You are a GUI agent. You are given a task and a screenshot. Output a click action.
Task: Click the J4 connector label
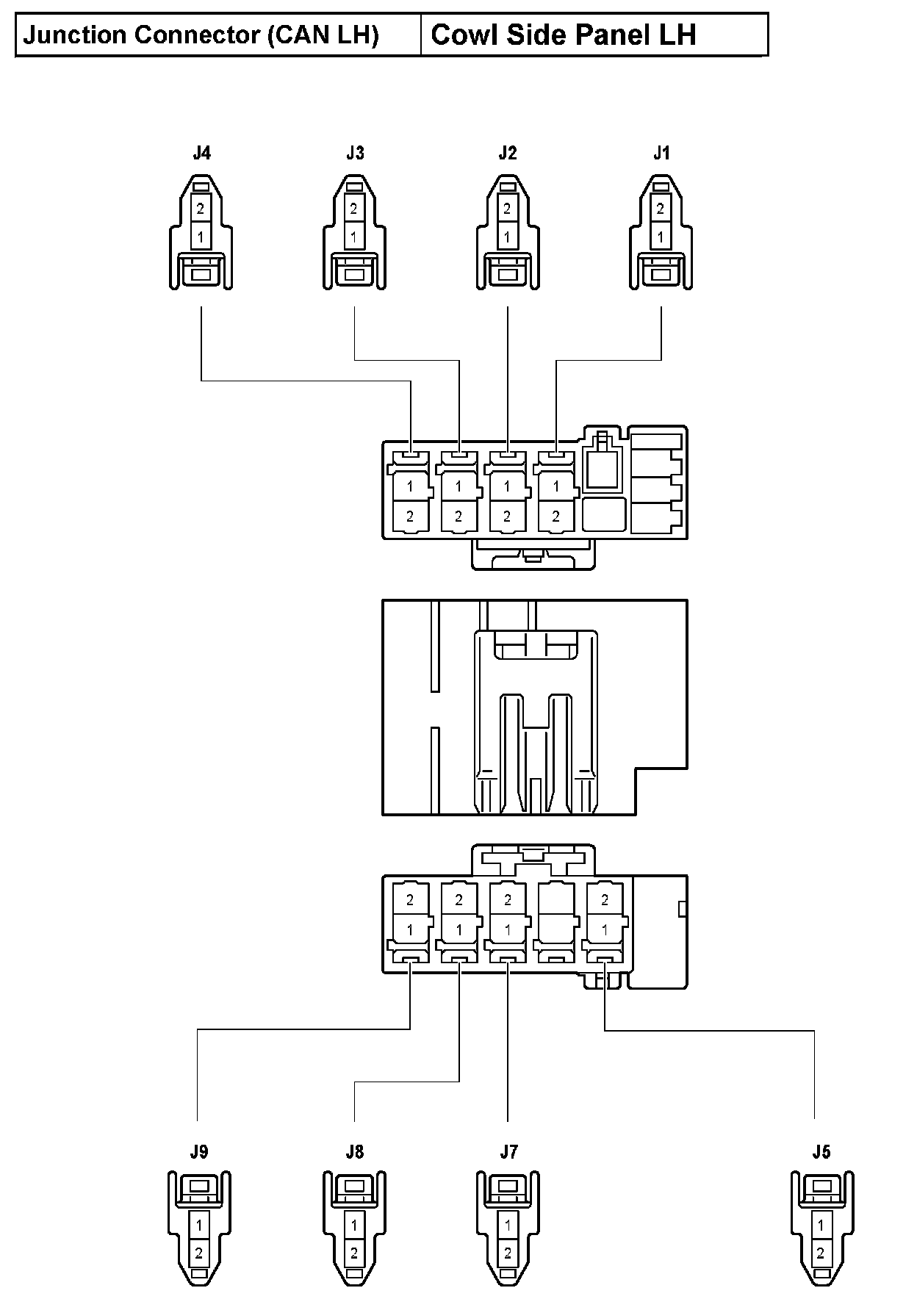pyautogui.click(x=201, y=153)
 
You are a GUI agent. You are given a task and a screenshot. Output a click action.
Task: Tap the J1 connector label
pyautogui.click(x=661, y=153)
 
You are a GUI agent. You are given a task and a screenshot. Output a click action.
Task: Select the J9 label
pyautogui.click(x=198, y=1151)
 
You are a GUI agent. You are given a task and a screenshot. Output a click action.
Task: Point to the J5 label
pyautogui.click(x=821, y=1151)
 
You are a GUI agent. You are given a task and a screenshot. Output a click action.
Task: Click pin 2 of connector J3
pyautogui.click(x=353, y=209)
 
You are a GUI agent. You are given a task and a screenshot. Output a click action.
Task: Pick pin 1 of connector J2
pyautogui.click(x=507, y=237)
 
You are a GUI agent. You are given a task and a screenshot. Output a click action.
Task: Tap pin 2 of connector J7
pyautogui.click(x=508, y=1253)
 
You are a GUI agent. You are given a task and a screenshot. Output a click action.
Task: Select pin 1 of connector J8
pyautogui.click(x=354, y=1225)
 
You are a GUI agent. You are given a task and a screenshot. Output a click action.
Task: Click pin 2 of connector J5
pyautogui.click(x=821, y=1253)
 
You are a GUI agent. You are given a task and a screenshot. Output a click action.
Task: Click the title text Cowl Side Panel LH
pyautogui.click(x=563, y=35)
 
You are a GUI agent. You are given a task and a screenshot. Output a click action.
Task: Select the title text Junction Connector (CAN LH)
pyautogui.click(x=201, y=35)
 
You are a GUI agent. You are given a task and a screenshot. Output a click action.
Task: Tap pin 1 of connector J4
pyautogui.click(x=201, y=237)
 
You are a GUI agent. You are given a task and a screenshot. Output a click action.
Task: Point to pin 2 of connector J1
pyautogui.click(x=660, y=209)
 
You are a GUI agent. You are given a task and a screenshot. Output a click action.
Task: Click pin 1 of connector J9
pyautogui.click(x=199, y=1225)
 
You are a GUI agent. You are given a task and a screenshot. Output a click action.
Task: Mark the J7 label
pyautogui.click(x=508, y=1151)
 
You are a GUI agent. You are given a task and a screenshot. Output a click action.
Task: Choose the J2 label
pyautogui.click(x=507, y=153)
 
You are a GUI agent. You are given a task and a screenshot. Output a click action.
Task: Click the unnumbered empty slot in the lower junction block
pyautogui.click(x=556, y=914)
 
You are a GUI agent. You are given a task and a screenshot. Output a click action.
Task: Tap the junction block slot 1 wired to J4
pyautogui.click(x=410, y=486)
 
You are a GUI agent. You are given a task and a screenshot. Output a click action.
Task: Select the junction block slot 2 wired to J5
pyautogui.click(x=605, y=899)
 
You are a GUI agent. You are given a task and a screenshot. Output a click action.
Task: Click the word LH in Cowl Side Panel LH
pyautogui.click(x=677, y=35)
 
